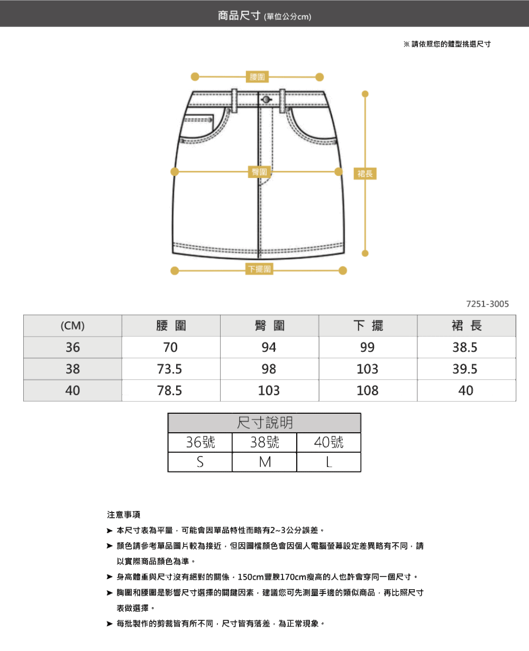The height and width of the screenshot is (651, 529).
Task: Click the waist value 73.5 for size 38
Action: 169,369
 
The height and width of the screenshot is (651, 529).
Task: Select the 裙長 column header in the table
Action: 466,325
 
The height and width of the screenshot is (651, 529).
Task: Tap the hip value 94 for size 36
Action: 269,347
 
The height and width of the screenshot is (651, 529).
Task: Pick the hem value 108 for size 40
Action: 368,390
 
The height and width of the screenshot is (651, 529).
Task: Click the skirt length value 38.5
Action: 465,347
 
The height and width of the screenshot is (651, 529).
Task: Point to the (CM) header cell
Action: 72,325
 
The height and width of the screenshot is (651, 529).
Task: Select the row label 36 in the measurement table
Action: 72,347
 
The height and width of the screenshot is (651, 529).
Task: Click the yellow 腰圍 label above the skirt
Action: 257,77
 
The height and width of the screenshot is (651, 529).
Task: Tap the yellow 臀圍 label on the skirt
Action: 259,172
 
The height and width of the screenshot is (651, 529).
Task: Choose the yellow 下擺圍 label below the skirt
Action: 259,269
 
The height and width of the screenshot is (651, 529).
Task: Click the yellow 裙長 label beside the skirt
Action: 365,174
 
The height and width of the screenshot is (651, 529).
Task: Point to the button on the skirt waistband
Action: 266,100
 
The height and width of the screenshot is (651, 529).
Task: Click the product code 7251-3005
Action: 487,304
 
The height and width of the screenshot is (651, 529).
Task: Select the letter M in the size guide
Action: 264,462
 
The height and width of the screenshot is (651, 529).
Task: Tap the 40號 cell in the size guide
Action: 329,442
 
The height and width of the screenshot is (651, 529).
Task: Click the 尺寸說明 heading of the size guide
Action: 264,423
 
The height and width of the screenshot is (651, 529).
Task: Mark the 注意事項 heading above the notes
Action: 124,515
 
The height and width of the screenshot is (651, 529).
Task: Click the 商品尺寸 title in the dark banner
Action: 239,15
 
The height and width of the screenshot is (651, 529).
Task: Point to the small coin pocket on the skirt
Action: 198,118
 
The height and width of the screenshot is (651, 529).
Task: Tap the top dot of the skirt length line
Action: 365,94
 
